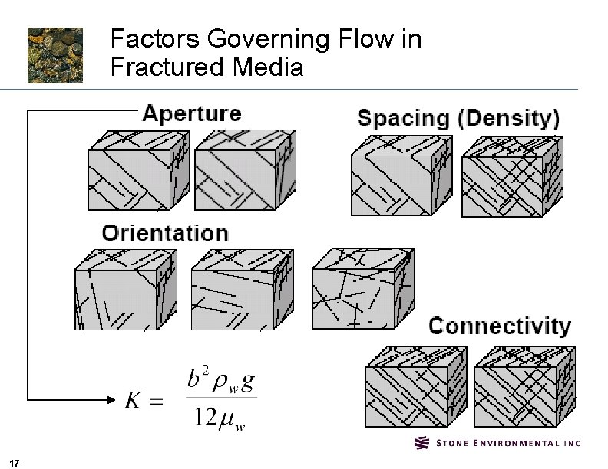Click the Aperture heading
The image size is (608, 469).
point(192,114)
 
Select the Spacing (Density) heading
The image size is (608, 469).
point(458,119)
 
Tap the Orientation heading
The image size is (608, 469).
point(165,233)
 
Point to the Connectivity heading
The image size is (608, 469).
point(499,326)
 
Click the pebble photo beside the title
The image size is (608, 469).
point(55,54)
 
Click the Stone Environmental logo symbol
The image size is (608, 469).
point(422,443)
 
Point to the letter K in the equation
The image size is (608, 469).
point(133,400)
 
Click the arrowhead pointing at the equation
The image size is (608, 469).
point(111,399)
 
